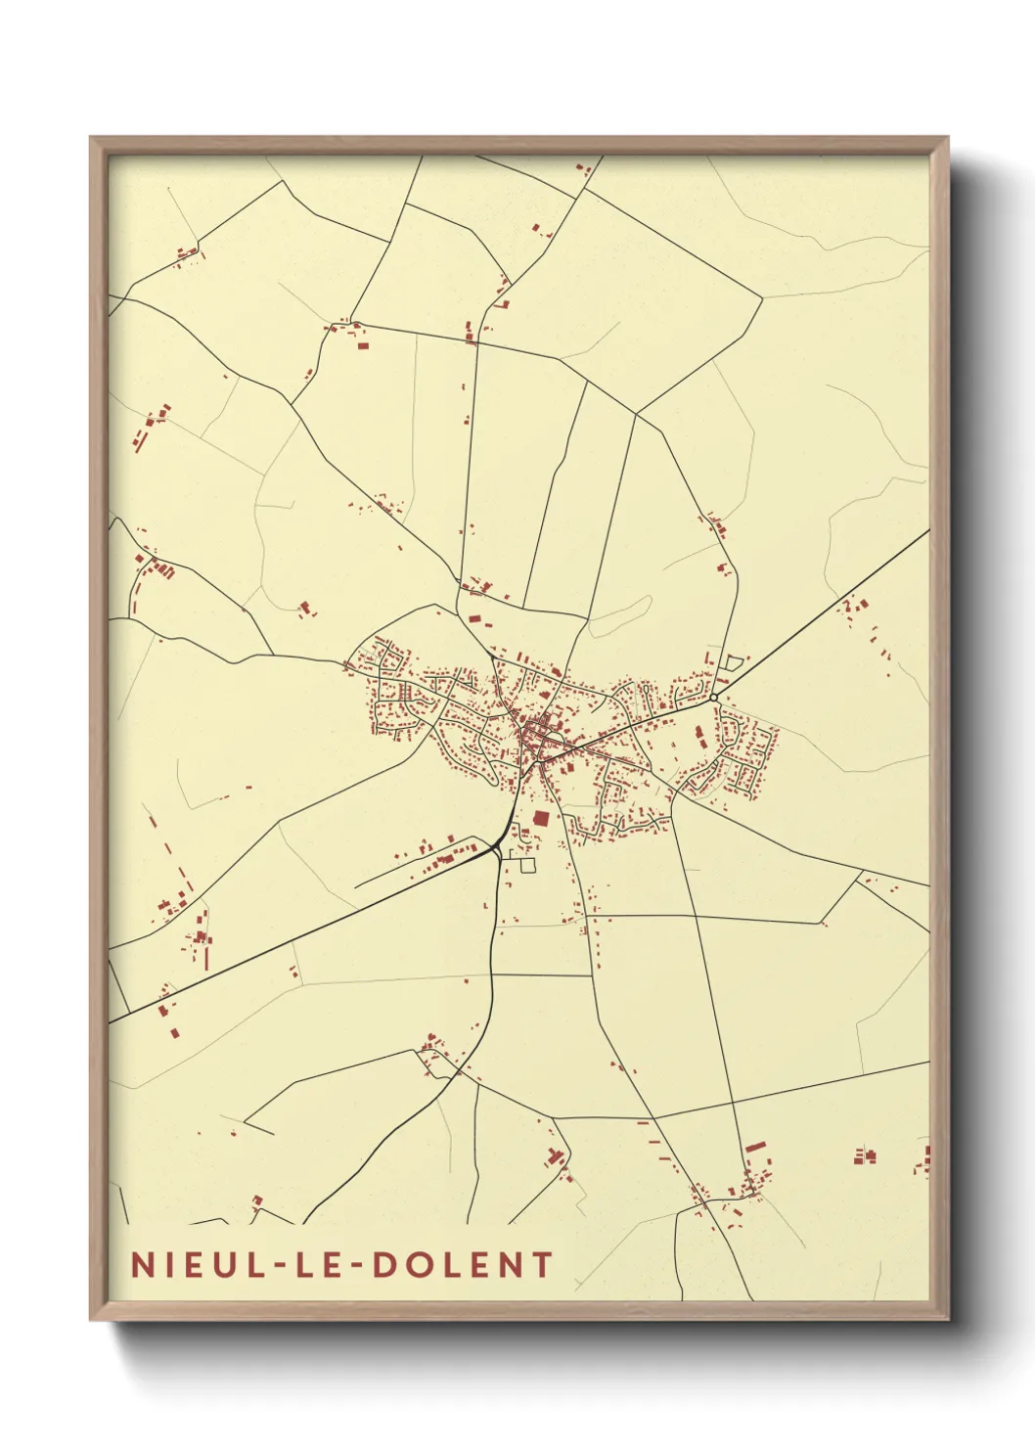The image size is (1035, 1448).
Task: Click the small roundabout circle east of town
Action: pyautogui.click(x=715, y=697)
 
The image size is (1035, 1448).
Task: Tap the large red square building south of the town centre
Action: pyautogui.click(x=541, y=818)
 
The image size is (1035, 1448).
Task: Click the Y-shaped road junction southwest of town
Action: pyautogui.click(x=497, y=846)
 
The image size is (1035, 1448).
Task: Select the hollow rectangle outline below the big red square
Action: pyautogui.click(x=528, y=865)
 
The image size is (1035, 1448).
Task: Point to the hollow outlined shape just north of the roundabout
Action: pyautogui.click(x=731, y=662)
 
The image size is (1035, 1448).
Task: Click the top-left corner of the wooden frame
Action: pyautogui.click(x=91, y=138)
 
